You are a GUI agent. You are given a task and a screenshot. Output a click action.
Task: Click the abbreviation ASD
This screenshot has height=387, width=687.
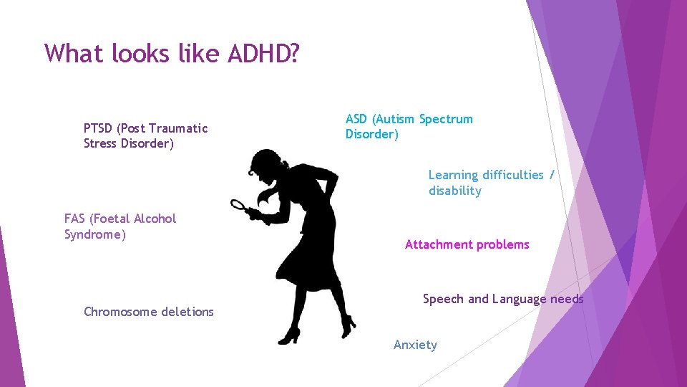coord(358,119)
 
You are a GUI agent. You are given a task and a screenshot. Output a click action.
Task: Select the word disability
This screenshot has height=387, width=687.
coord(455,191)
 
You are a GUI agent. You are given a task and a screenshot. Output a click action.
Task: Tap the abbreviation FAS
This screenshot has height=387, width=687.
coord(74,219)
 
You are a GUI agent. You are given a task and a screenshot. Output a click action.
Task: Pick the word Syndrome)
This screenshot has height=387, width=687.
coord(95,234)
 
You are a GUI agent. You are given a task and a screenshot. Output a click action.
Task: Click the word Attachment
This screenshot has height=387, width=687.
coord(437,244)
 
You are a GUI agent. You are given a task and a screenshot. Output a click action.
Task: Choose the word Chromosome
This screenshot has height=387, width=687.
coord(118,312)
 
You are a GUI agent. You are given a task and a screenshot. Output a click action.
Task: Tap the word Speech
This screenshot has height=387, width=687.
coord(444,299)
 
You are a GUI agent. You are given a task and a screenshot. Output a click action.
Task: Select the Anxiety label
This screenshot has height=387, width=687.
coord(415,345)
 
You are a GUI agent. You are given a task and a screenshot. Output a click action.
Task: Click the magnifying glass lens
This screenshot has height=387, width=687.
coord(238,206)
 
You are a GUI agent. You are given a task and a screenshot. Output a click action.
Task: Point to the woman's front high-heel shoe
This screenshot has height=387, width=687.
coord(289,335)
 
